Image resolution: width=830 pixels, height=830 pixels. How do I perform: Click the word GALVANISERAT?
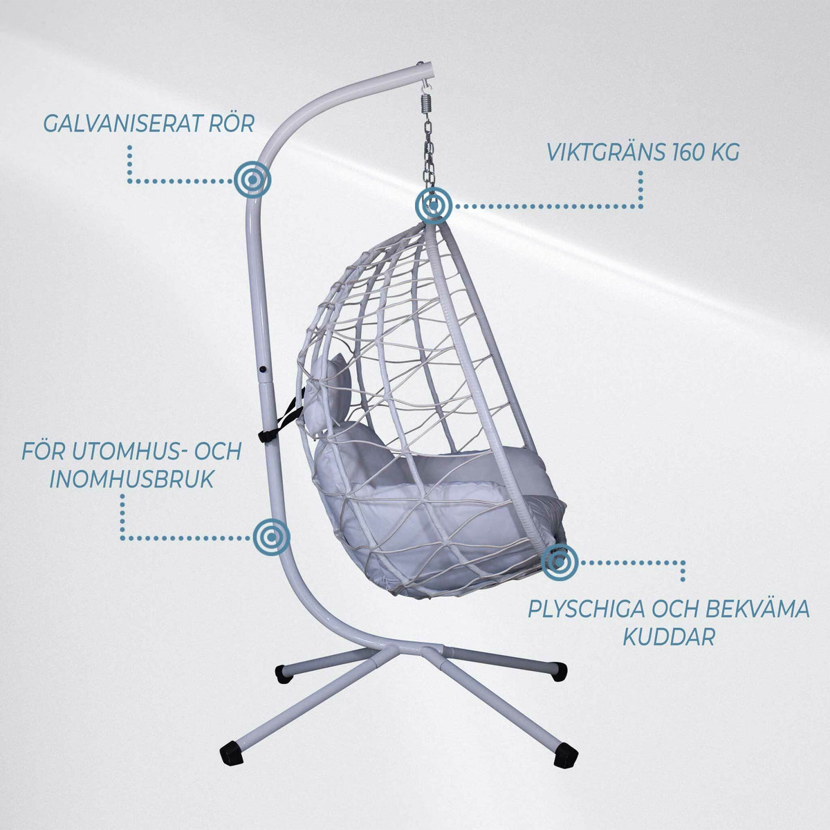122,124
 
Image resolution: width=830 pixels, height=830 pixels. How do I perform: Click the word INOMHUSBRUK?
132,479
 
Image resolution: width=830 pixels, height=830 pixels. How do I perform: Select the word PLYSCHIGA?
587,610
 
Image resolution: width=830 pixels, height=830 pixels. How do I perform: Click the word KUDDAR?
669,638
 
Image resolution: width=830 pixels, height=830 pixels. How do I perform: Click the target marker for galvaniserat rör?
253,179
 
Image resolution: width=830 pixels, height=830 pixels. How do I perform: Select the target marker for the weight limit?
434,205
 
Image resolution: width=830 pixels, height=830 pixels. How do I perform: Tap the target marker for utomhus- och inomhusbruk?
271,537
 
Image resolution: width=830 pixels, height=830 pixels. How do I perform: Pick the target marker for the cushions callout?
559,562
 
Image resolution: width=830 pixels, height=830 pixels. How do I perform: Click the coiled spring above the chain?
425,104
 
